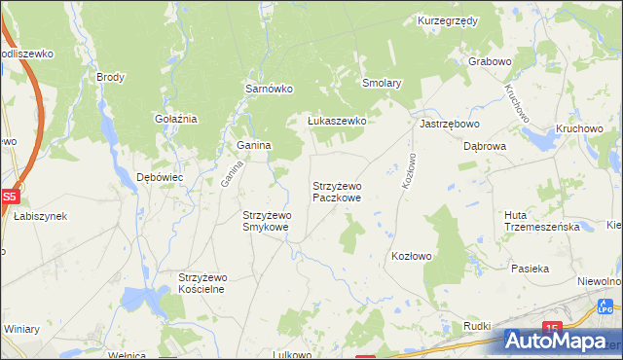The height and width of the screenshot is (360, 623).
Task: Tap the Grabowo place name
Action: coord(490,61)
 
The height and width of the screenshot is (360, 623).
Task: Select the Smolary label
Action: coord(382,84)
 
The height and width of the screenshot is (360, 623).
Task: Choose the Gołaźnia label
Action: coord(176,119)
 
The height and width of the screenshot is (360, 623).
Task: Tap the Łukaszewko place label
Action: coord(336,121)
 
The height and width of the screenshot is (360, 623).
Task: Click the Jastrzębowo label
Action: coord(449,125)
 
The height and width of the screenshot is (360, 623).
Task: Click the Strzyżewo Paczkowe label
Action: coord(337,192)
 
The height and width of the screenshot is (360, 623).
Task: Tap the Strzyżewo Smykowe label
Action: coord(266,221)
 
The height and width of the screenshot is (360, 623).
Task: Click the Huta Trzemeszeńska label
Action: coord(542,221)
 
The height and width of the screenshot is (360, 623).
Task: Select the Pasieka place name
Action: coord(531,268)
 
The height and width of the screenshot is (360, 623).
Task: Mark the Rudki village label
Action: coord(476,325)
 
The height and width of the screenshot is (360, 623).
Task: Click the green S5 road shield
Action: coord(9,197)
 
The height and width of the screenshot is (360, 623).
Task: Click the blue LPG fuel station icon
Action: coord(605,308)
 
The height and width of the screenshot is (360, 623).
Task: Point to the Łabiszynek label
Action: coord(40,216)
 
